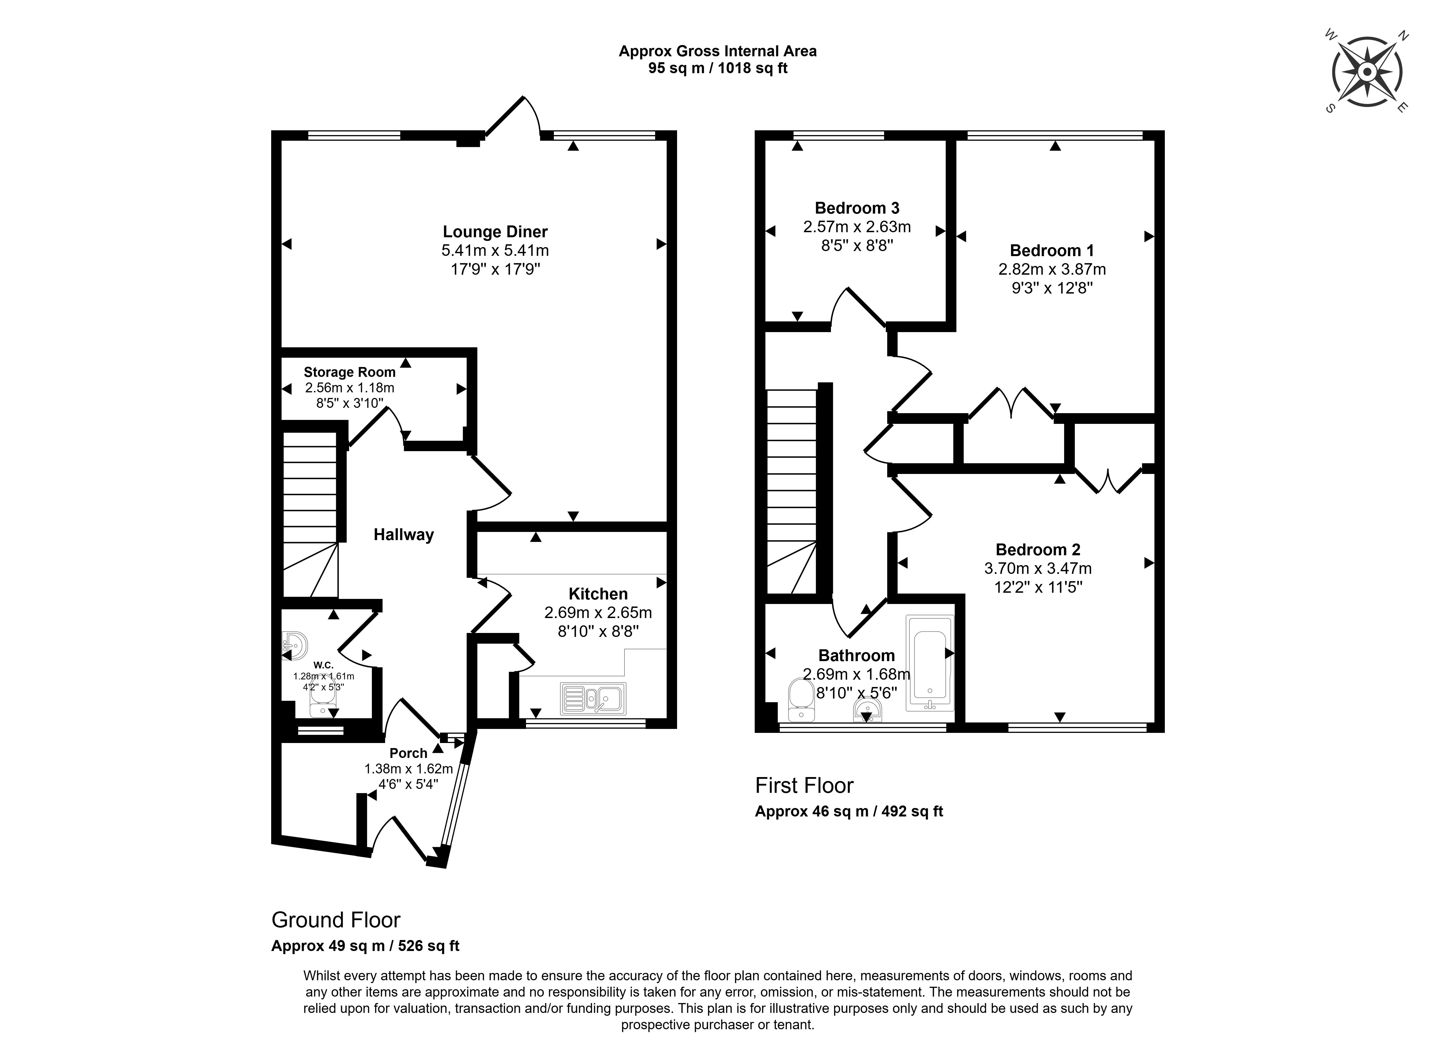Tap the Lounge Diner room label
tap(495, 232)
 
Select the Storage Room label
tap(349, 372)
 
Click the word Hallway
tap(404, 535)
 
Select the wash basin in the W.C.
tap(295, 646)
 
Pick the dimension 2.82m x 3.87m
tap(1052, 269)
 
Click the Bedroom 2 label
tap(1038, 549)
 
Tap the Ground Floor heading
tap(336, 920)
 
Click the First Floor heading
tap(804, 786)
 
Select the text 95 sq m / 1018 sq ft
tap(718, 68)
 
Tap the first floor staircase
tap(792, 491)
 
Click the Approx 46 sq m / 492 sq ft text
tap(849, 812)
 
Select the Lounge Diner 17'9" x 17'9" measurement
tap(495, 269)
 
